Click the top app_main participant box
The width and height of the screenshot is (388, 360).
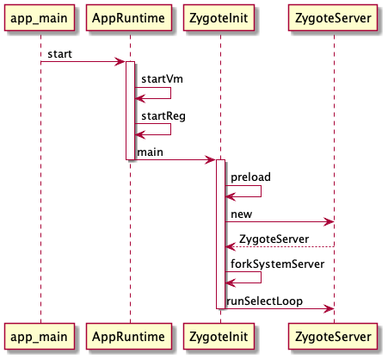click(x=40, y=18)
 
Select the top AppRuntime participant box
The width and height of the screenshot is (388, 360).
click(x=129, y=18)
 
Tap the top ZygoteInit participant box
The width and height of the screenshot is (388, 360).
click(x=219, y=18)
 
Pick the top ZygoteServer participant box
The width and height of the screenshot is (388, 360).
click(x=333, y=18)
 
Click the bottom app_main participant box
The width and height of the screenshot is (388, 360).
click(x=40, y=337)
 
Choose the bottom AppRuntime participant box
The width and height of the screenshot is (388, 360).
click(x=129, y=337)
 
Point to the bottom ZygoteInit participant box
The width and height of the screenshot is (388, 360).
click(x=219, y=337)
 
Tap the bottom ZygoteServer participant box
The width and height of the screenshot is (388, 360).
click(x=333, y=337)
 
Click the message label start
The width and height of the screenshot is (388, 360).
click(x=59, y=54)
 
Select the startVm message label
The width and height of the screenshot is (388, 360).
click(x=162, y=79)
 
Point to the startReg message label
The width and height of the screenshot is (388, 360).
click(x=163, y=116)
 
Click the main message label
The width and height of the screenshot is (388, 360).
click(x=150, y=152)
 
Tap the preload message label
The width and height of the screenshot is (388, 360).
click(x=250, y=177)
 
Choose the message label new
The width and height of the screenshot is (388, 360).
click(x=242, y=214)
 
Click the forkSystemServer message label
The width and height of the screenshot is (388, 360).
click(x=278, y=264)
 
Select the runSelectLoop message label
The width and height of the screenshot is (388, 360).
click(x=264, y=301)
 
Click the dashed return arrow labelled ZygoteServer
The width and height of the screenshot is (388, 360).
click(x=280, y=246)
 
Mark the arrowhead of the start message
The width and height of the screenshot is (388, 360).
click(x=120, y=61)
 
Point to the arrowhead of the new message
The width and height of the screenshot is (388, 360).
click(x=329, y=221)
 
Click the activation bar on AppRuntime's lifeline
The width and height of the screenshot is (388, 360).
click(x=131, y=110)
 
